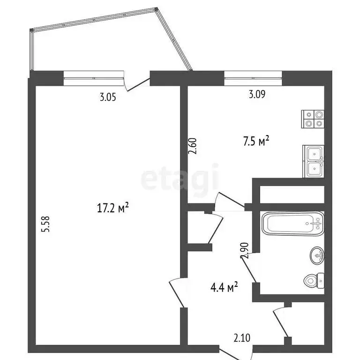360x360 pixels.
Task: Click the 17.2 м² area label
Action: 112,208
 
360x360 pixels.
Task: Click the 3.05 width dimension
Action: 108,97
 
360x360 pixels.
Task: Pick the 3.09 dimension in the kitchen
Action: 257,95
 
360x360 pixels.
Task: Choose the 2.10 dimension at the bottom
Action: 243,337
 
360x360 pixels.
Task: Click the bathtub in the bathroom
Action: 293,224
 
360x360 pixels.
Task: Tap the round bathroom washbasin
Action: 317,255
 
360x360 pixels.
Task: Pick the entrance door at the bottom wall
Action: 235,352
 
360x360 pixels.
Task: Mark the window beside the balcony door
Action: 93,78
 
